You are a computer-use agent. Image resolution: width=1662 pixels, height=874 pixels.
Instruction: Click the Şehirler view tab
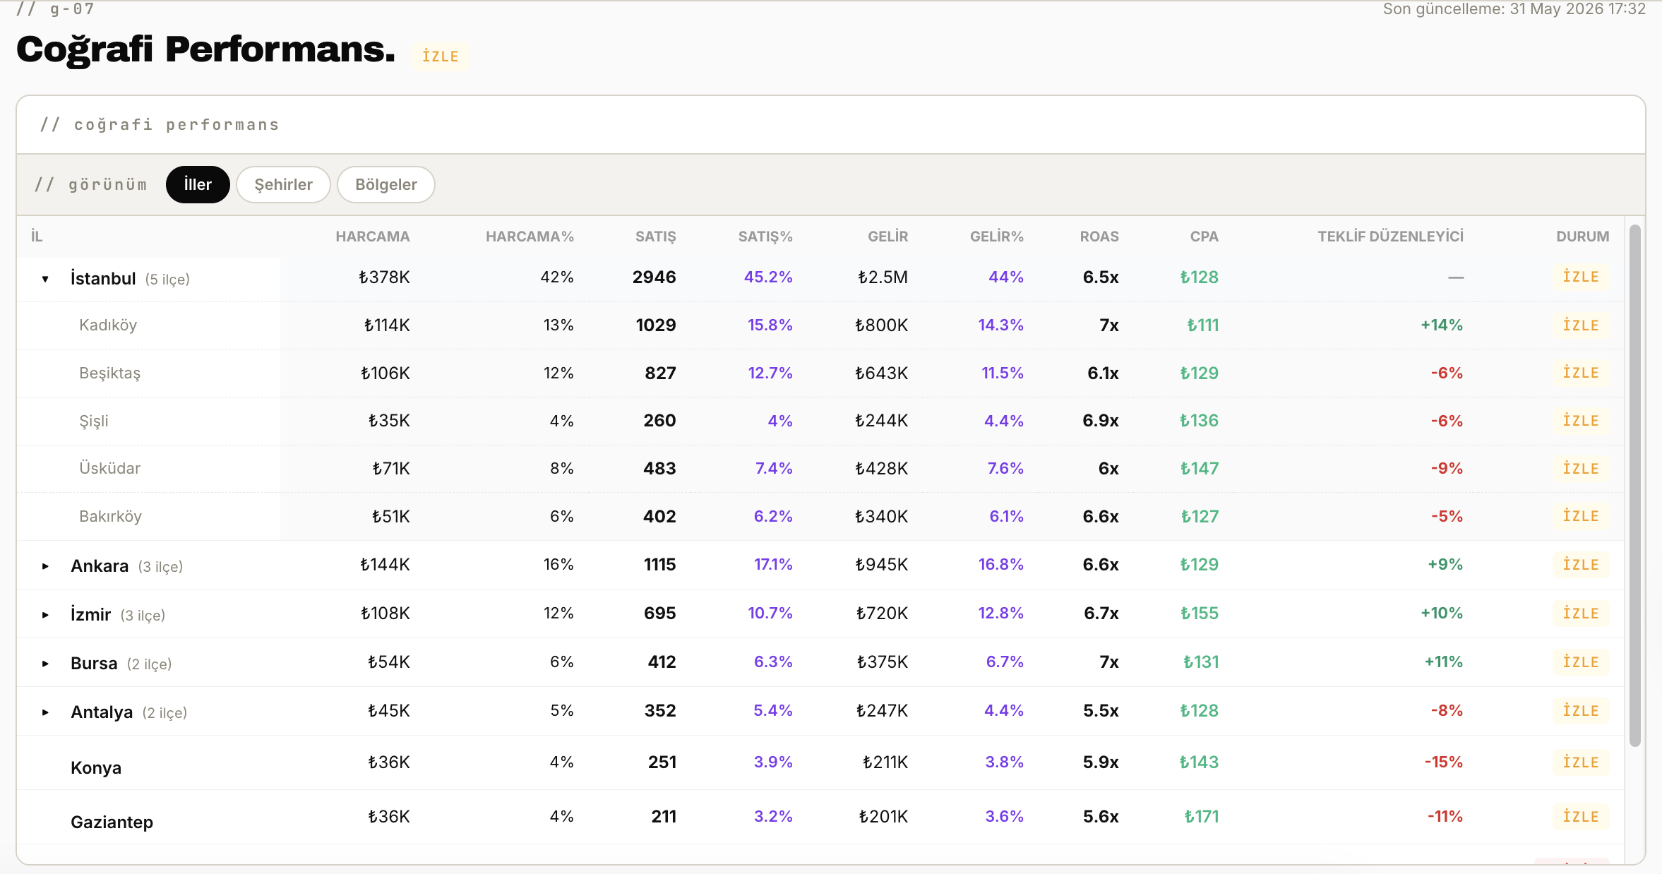283,184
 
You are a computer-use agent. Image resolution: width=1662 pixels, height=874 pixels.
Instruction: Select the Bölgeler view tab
386,184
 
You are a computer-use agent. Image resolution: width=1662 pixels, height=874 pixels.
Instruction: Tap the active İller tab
198,184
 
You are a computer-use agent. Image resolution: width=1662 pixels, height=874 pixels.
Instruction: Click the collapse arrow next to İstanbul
45,279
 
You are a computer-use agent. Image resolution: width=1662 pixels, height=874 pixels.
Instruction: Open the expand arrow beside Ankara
45,566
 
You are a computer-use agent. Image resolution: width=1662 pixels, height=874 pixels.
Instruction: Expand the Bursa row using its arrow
45,664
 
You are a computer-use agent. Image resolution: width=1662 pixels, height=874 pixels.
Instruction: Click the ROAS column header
1099,237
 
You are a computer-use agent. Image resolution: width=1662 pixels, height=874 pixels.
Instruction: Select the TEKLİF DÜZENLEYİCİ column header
1390,237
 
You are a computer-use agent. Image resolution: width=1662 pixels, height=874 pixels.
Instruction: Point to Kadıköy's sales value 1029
656,325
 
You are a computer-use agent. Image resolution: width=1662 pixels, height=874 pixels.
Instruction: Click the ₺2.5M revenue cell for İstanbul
883,277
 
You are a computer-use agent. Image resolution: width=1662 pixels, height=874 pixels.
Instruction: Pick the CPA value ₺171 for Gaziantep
1202,816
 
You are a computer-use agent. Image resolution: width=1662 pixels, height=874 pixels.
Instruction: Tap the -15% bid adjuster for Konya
1444,762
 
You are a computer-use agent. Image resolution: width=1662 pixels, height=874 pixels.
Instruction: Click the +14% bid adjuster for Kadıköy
1442,325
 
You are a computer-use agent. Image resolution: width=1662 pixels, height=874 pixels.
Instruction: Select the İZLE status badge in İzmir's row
1581,613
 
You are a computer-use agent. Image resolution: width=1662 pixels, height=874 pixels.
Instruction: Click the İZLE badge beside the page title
441,56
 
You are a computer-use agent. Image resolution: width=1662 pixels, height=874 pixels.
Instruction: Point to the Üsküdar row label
109,468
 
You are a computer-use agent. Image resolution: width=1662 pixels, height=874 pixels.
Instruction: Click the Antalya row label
102,712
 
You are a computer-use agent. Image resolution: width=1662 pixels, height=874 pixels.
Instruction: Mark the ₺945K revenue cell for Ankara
881,564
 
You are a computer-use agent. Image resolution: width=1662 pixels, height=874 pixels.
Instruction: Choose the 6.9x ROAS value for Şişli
1101,420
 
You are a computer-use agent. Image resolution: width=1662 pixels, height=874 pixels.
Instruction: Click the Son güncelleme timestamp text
1514,9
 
